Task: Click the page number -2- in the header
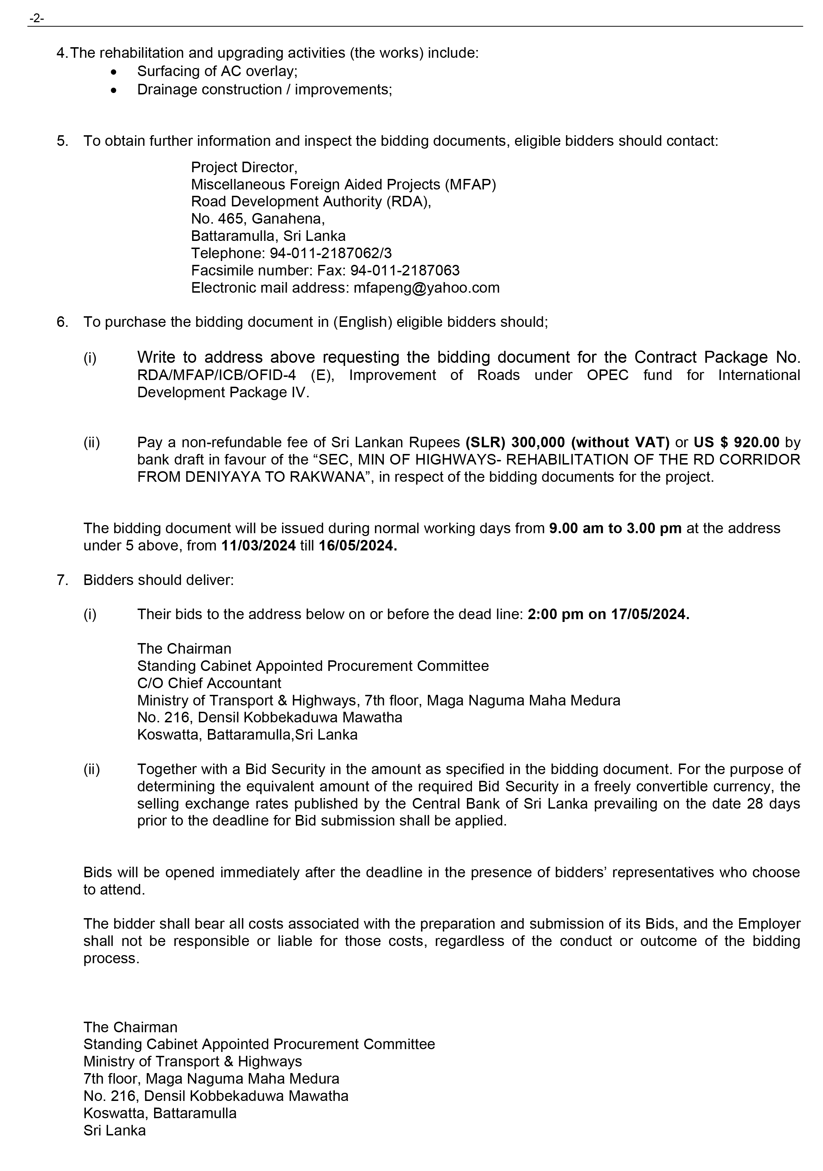[x=37, y=19]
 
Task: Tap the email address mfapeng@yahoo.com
[x=426, y=288]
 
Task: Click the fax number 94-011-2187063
[x=405, y=271]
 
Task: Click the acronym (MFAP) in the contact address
[x=470, y=185]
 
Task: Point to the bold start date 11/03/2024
[x=258, y=546]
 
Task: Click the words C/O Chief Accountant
[x=209, y=684]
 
